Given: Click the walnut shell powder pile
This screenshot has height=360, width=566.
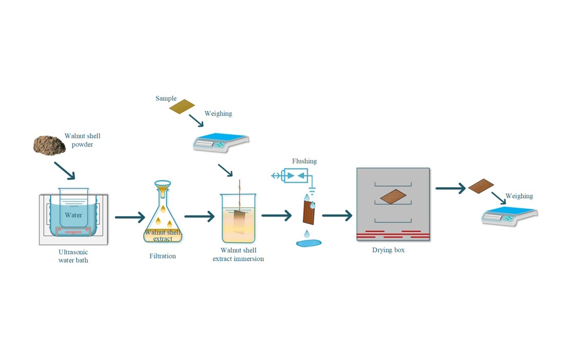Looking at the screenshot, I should pos(48,146).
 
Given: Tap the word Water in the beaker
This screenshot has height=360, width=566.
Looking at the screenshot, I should pos(74,215).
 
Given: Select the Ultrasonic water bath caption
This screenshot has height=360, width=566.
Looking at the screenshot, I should pos(73,256).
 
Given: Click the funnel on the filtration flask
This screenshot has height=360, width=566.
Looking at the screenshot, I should pos(163,186).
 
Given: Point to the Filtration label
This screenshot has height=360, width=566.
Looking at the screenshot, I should pos(163,256).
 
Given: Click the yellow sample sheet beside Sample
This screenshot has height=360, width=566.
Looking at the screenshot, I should pos(182,106).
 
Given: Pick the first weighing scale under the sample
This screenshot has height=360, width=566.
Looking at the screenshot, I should pos(221,142).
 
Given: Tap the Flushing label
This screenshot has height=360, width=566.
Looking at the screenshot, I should pos(304,161).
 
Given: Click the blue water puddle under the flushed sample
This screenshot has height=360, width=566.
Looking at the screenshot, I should pos(309,242).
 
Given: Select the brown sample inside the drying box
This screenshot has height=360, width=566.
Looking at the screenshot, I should pos(393,196).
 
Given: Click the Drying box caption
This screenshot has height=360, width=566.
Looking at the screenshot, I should pos(388,250).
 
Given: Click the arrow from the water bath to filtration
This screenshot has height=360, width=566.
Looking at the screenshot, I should pos(130,217).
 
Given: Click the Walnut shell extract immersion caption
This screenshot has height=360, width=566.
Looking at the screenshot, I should pos(238,255).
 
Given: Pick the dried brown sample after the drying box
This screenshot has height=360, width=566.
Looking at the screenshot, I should pos(481,186).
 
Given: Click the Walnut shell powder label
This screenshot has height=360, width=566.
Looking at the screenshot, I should pos(82,140).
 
